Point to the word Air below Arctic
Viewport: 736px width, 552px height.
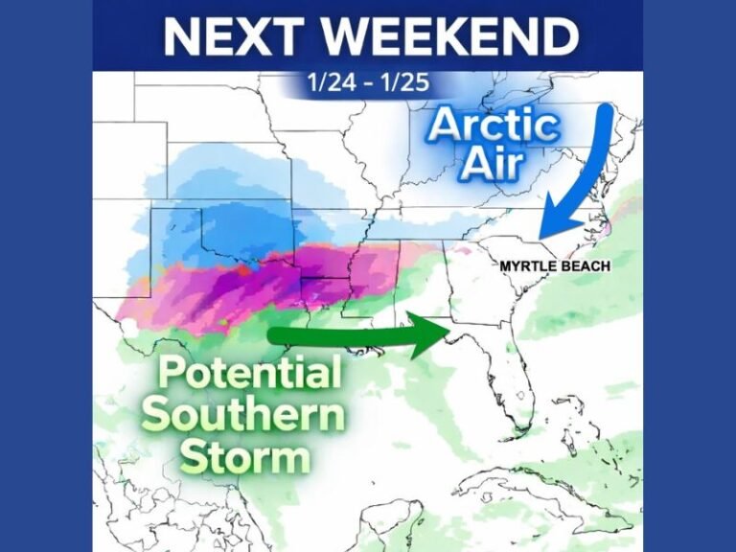coord(493,164)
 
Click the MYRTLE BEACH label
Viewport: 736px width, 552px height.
coord(555,265)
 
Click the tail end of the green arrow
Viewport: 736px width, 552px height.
coord(271,334)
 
